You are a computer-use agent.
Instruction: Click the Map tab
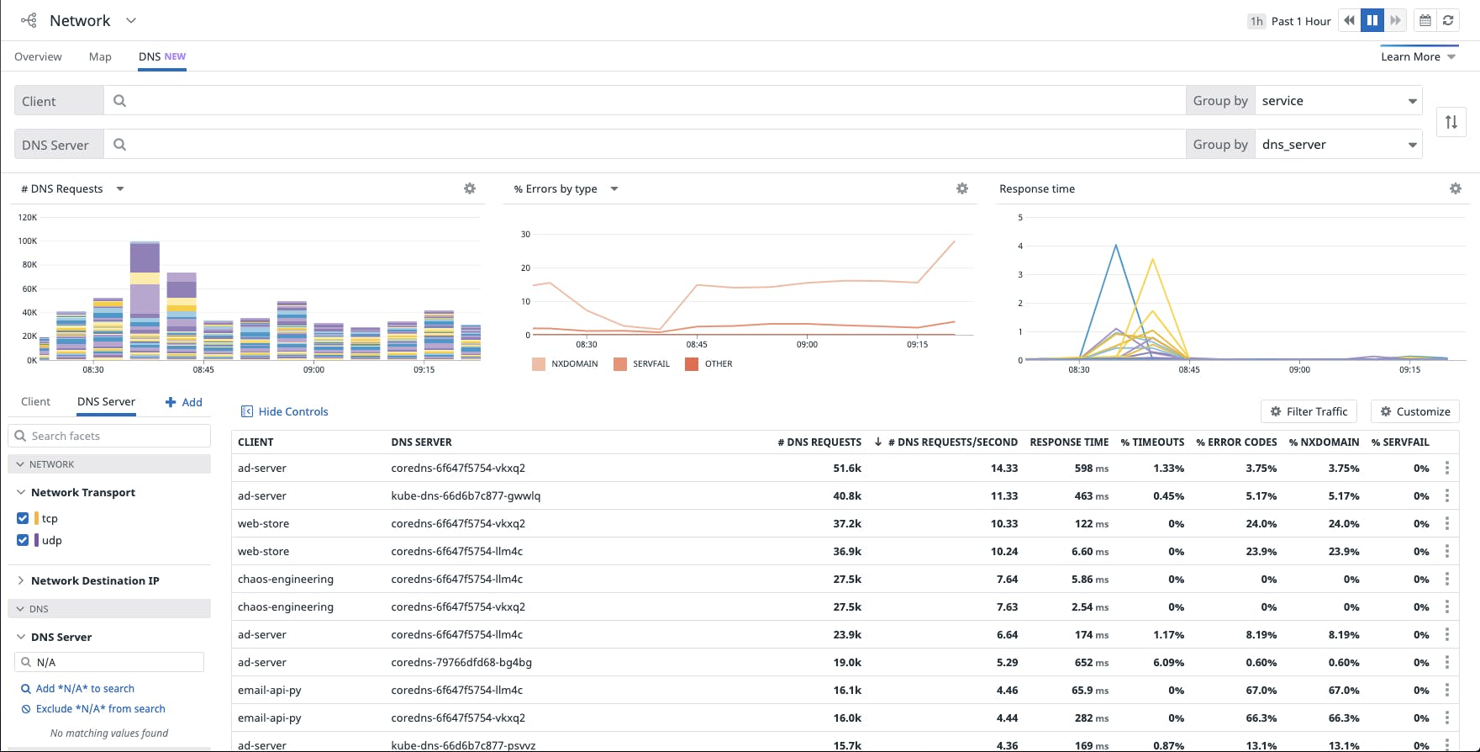click(x=100, y=56)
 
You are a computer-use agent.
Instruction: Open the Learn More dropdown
click(x=1418, y=56)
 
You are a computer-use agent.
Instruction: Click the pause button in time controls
click(x=1372, y=20)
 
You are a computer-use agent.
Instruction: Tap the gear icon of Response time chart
click(x=1455, y=188)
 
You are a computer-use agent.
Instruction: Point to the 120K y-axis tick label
click(x=28, y=217)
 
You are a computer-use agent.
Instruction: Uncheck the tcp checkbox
click(x=23, y=518)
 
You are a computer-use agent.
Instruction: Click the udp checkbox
click(x=23, y=540)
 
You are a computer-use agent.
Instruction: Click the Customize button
click(x=1414, y=411)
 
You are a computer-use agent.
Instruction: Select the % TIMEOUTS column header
click(x=1152, y=442)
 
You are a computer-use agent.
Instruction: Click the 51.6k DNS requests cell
click(x=847, y=468)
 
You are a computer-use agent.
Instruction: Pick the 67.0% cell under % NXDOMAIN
click(x=1343, y=690)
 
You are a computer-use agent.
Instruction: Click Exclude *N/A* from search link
click(x=100, y=709)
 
